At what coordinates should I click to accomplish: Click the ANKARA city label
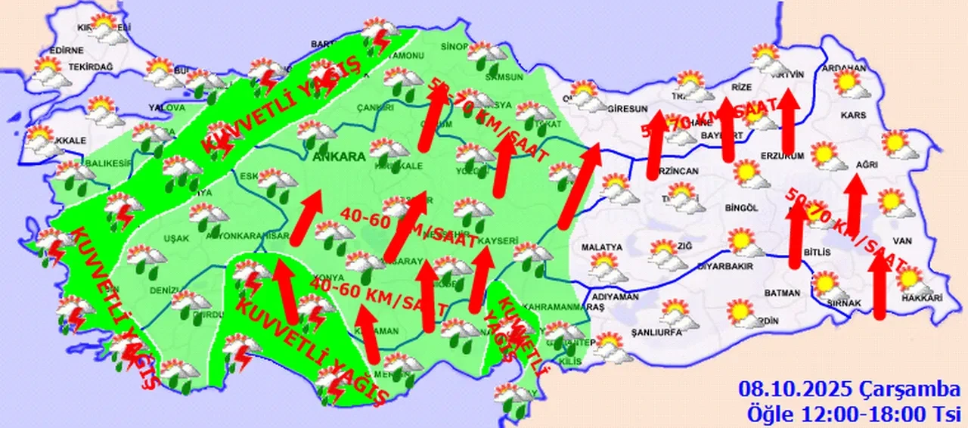pos(339,157)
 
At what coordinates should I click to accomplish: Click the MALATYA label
pos(602,247)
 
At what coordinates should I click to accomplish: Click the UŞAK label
pos(175,238)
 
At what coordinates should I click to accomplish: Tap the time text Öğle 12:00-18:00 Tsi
pos(852,414)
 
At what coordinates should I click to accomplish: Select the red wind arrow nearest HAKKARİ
pos(880,287)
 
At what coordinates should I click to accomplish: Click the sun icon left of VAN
pos(891,202)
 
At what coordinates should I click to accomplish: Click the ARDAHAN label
pos(849,68)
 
